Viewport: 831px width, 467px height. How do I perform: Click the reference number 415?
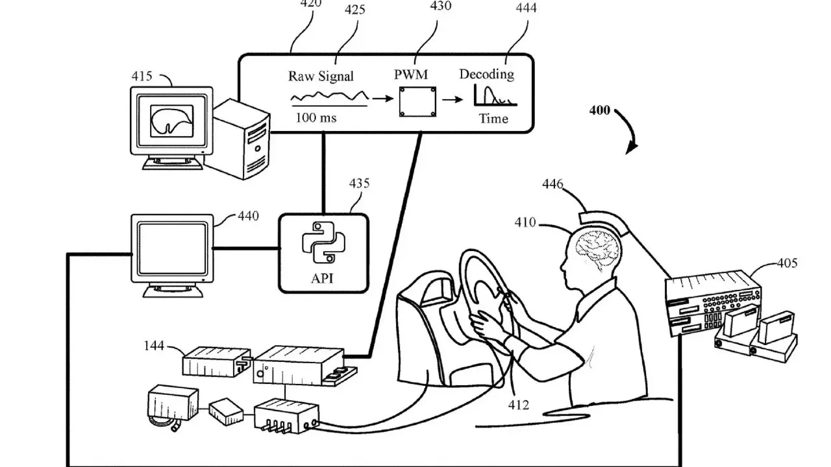(x=142, y=77)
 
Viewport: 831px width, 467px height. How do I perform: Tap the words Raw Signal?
(x=321, y=76)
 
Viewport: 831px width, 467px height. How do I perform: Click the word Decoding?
(x=486, y=74)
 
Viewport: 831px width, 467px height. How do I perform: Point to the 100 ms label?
(x=316, y=118)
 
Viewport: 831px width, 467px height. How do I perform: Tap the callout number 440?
(x=247, y=215)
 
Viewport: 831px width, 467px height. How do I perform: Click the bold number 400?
(x=599, y=110)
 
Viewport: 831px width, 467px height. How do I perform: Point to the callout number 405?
(x=788, y=263)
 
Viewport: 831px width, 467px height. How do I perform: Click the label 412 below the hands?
(x=518, y=405)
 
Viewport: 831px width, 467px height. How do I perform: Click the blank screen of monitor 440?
(x=172, y=248)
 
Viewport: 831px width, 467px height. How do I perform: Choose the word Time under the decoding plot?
(x=493, y=119)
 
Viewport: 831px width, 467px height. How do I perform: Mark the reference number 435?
(x=359, y=184)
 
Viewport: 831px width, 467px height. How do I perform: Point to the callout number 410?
(x=525, y=222)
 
